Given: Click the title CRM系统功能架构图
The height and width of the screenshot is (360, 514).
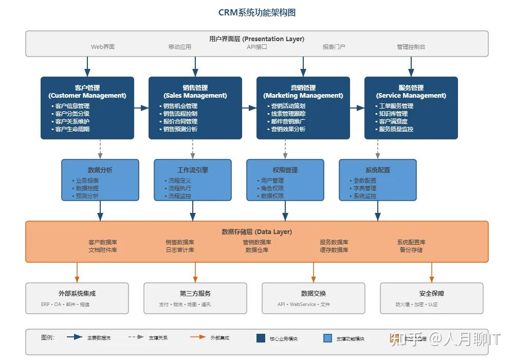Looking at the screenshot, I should coord(257,12).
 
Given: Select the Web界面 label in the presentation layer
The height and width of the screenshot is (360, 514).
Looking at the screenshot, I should coord(103,47).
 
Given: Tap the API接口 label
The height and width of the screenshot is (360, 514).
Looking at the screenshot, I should coord(257,47).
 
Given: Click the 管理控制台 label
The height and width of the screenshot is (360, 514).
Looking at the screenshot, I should coord(411,47).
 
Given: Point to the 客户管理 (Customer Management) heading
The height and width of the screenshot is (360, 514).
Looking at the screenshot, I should coord(87,92).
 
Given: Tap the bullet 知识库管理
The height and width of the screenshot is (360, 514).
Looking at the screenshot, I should coord(393,114).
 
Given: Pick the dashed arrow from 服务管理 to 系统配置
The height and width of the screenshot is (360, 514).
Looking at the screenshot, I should coord(378,149).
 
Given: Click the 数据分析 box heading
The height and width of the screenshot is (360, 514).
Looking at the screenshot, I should coord(100,170).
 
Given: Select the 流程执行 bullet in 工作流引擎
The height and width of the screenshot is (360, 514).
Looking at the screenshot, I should coord(179,188).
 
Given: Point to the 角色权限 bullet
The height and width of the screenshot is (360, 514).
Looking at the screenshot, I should coord(272,188).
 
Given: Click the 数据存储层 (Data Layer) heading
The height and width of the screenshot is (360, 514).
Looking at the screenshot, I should coord(257,232).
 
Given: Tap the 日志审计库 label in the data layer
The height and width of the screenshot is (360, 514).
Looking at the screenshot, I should coord(180,250).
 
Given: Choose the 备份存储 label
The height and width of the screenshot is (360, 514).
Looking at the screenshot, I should coord(411,250).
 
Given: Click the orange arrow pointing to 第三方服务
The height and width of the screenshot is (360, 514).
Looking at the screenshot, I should coord(195,273).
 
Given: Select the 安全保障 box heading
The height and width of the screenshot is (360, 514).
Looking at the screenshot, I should coord(432,294).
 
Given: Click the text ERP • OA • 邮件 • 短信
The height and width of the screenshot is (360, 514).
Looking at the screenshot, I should coord(65,304).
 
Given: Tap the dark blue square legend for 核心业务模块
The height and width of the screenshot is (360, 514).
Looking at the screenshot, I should coord(261,338).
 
